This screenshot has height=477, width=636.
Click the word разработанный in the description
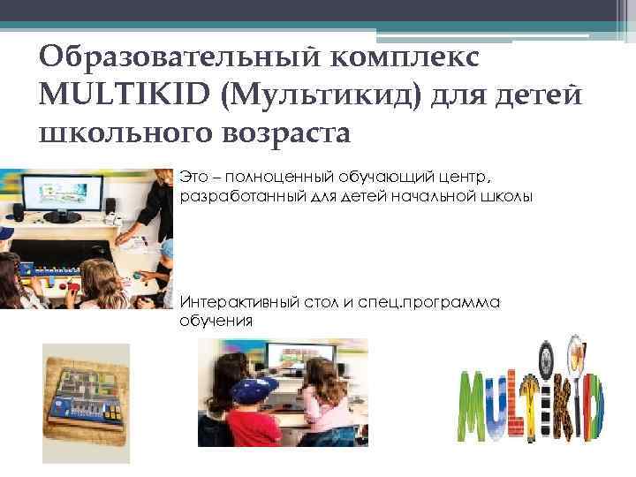click(x=240, y=195)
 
